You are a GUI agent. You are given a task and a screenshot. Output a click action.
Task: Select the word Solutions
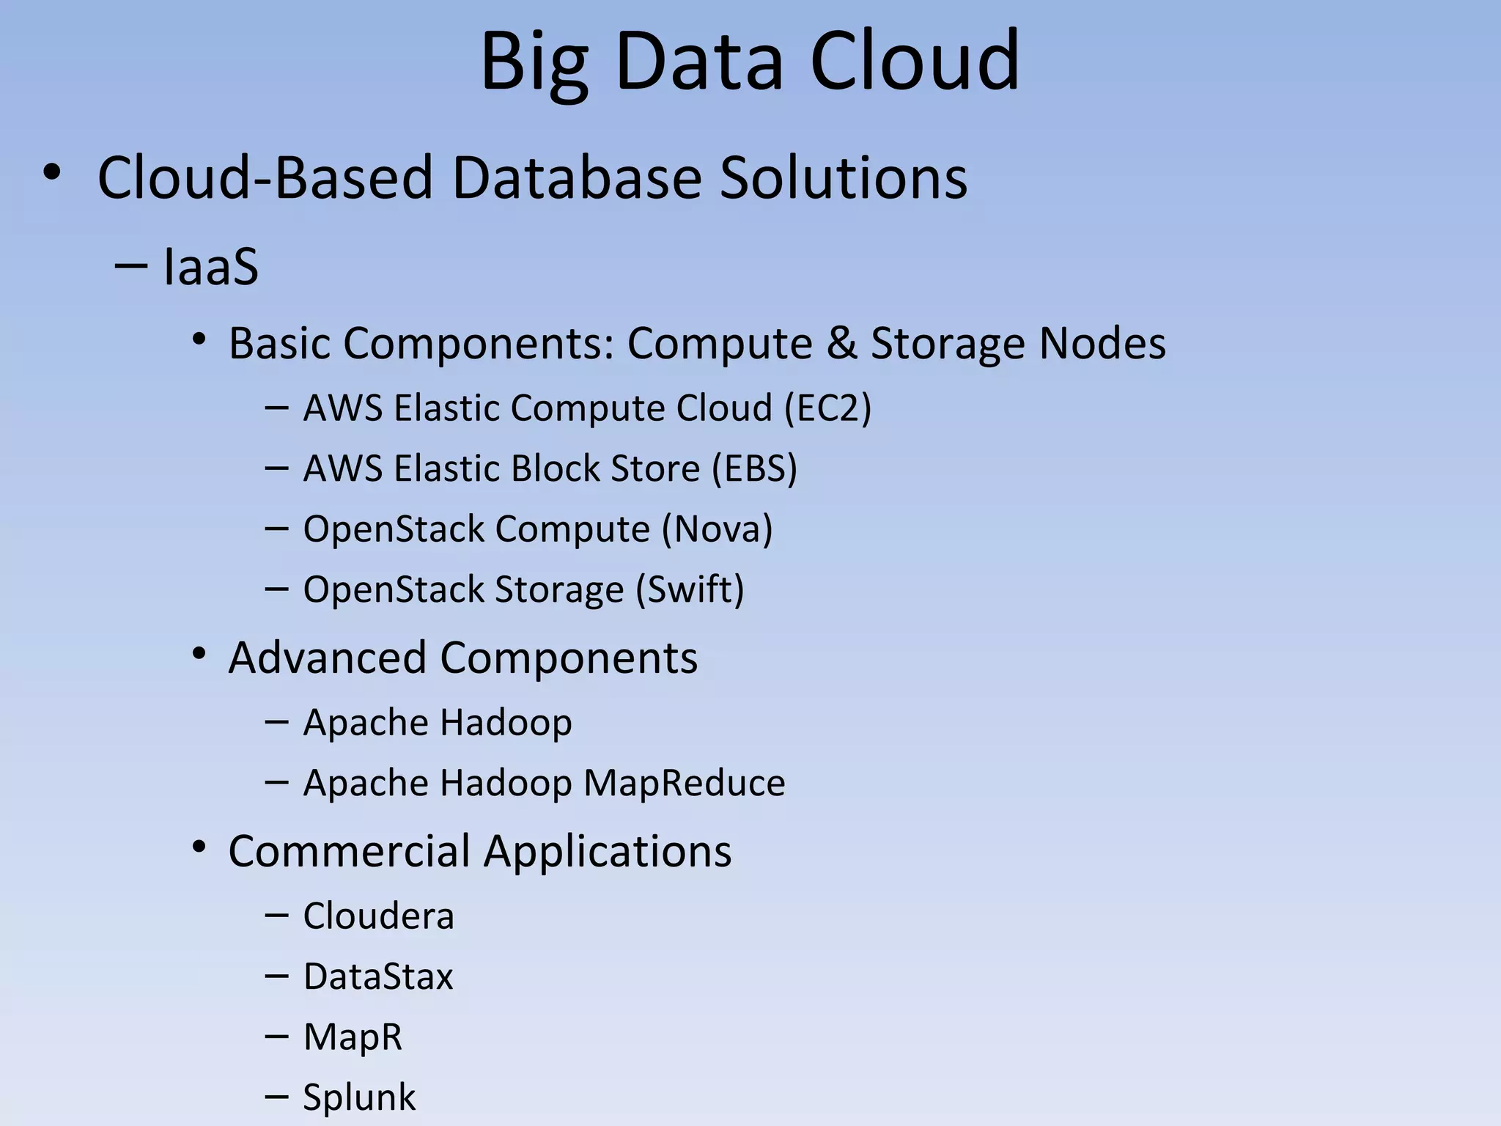point(843,177)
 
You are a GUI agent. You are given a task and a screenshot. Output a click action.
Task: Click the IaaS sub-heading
point(210,267)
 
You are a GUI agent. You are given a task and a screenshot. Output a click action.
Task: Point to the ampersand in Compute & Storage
point(842,343)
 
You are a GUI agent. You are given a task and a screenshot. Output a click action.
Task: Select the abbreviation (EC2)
point(827,408)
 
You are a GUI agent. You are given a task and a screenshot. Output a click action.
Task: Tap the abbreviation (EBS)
point(754,468)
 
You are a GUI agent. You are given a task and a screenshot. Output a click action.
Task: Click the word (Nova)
point(717,529)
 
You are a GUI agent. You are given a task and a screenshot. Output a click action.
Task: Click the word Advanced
point(328,658)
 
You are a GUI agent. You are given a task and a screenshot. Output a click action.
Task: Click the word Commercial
point(349,851)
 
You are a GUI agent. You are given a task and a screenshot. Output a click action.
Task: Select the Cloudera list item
point(378,916)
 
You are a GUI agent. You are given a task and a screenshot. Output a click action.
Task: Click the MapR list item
point(353,1037)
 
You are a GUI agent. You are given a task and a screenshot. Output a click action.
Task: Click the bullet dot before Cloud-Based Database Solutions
point(51,174)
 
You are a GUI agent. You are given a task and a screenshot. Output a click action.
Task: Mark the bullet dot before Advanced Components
point(199,654)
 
